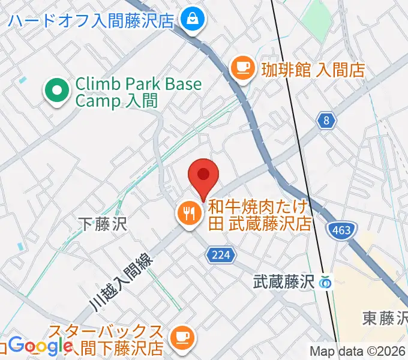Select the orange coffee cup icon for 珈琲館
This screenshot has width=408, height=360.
point(242,68)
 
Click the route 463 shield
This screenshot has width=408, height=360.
point(343,229)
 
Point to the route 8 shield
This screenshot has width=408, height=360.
point(326,121)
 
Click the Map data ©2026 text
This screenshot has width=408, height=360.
point(358,351)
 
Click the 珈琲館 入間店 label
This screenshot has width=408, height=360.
point(313,69)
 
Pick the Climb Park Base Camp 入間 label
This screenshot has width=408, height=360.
point(138,92)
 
